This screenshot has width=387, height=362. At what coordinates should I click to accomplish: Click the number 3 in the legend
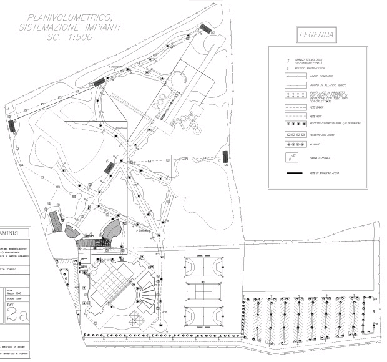click(x=287, y=61)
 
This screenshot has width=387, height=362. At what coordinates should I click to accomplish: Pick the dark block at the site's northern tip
click(x=205, y=29)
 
